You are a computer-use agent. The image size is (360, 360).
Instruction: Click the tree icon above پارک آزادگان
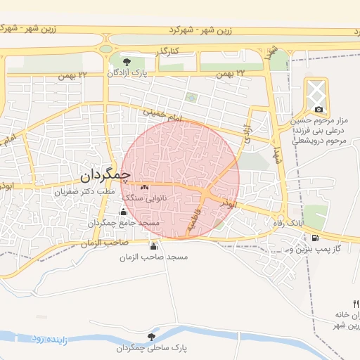click(x=126, y=63)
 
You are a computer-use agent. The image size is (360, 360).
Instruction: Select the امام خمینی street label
click(x=162, y=116)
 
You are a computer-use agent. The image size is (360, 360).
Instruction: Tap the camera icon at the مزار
click(x=319, y=109)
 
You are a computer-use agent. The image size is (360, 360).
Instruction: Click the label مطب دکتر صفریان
click(x=86, y=191)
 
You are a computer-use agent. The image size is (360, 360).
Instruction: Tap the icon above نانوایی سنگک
click(x=145, y=188)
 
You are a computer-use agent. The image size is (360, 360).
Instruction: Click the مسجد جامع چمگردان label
click(x=124, y=223)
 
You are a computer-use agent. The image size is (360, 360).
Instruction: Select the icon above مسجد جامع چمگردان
click(x=124, y=212)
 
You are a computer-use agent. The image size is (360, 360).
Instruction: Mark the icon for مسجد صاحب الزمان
click(x=153, y=246)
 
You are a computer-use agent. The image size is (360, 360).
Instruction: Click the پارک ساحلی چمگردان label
click(x=152, y=348)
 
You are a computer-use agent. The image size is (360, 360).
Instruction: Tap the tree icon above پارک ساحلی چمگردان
click(x=152, y=337)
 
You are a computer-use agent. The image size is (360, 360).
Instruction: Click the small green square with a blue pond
click(x=190, y=98)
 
